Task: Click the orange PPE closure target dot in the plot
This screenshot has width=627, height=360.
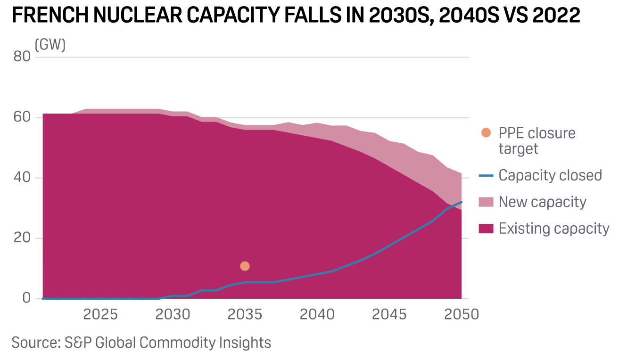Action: pyautogui.click(x=245, y=266)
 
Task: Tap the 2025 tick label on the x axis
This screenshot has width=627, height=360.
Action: pyautogui.click(x=100, y=314)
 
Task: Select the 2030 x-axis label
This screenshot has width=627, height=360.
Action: pyautogui.click(x=173, y=314)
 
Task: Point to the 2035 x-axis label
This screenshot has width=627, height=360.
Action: pyautogui.click(x=245, y=314)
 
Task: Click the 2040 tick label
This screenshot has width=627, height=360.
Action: pyautogui.click(x=317, y=314)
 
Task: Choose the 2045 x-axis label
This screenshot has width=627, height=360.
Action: pyautogui.click(x=389, y=314)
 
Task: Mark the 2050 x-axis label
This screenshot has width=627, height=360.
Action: pyautogui.click(x=462, y=314)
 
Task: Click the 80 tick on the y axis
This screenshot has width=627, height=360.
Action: pyautogui.click(x=22, y=57)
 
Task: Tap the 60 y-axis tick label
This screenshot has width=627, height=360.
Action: pyautogui.click(x=22, y=117)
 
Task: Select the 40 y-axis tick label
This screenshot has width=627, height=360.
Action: pyautogui.click(x=22, y=178)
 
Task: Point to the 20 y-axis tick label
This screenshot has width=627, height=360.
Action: pyautogui.click(x=22, y=238)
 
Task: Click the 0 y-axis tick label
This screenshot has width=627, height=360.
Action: pyautogui.click(x=26, y=299)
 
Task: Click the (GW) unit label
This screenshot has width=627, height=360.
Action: pyautogui.click(x=50, y=45)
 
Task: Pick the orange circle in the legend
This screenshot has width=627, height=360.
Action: pyautogui.click(x=486, y=133)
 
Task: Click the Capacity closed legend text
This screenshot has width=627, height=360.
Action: pyautogui.click(x=550, y=175)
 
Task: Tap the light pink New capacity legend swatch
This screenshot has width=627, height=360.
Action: pyautogui.click(x=486, y=202)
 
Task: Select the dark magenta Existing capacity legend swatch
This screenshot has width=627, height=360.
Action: pyautogui.click(x=486, y=229)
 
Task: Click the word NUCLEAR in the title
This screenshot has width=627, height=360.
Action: pyautogui.click(x=142, y=16)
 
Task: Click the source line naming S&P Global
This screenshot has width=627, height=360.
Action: pyautogui.click(x=141, y=342)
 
